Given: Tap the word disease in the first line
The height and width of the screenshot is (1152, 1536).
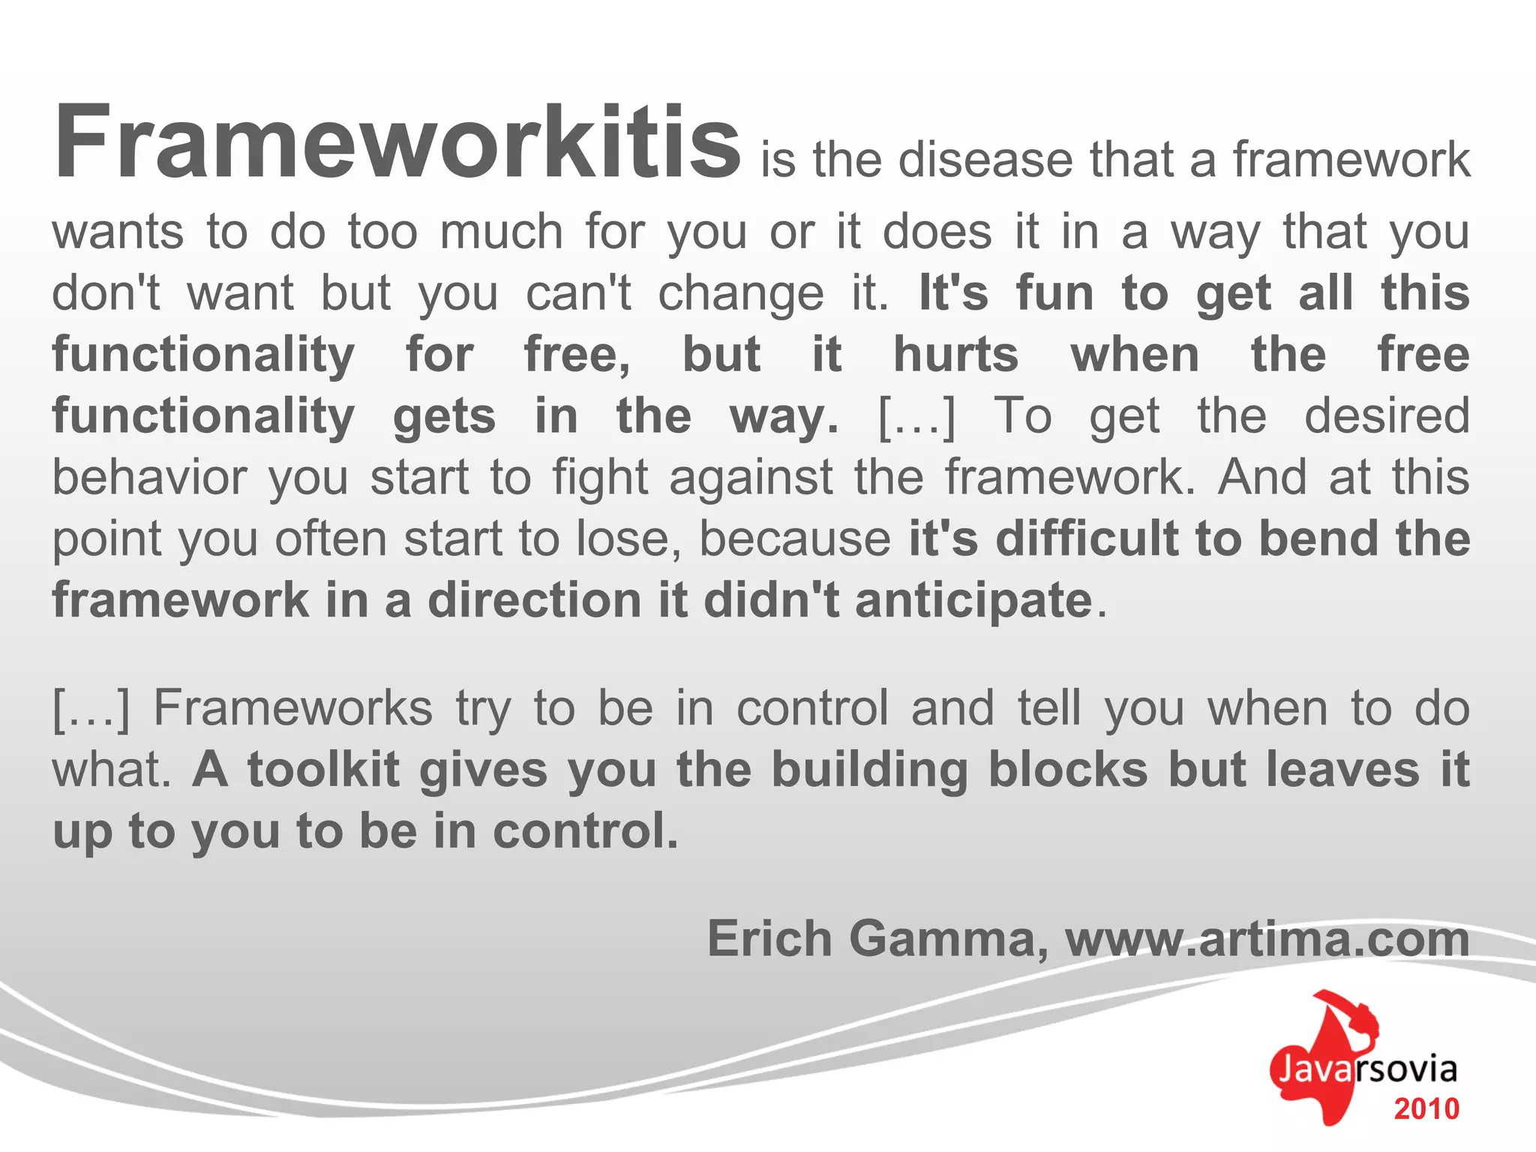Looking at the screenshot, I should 985,160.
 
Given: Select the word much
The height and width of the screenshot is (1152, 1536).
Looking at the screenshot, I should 501,232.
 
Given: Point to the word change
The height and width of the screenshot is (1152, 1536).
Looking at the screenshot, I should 741,293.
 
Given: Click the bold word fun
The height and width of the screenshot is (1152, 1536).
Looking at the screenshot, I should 1054,292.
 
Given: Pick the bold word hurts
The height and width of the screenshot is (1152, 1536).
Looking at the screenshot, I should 955,354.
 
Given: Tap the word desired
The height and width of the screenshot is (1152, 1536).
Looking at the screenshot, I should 1387,415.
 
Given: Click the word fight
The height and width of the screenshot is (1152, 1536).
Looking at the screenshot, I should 600,478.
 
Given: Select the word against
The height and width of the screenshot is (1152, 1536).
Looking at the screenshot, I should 751,478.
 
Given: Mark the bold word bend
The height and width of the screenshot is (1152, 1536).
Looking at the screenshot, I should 1318,538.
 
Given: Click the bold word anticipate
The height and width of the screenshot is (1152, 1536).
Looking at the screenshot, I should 973,601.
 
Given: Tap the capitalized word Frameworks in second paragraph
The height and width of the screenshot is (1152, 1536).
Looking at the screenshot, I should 293,708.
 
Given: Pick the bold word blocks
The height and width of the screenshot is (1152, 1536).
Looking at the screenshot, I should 1068,769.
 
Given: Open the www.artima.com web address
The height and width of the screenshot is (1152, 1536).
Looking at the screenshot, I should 1267,938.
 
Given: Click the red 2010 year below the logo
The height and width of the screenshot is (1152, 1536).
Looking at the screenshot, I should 1426,1109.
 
